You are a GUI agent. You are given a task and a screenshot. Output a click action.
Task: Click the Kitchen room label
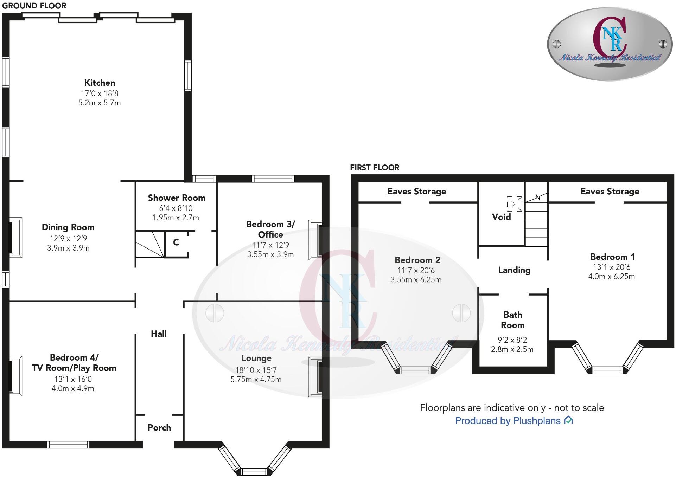(x=100, y=83)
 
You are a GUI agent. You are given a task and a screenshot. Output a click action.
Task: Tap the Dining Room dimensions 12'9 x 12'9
(x=68, y=239)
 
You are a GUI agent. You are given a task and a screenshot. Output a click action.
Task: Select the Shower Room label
(x=177, y=198)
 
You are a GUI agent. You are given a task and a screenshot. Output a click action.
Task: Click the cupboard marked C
(x=176, y=243)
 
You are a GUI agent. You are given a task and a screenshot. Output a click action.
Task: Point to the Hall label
(x=159, y=334)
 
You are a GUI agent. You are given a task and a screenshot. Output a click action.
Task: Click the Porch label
(x=159, y=428)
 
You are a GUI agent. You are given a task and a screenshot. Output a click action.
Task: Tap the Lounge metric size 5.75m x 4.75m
(x=256, y=380)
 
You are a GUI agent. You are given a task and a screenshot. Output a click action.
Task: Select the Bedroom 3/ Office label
(x=270, y=229)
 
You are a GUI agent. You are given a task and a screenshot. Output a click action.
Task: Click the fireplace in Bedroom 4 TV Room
(x=15, y=376)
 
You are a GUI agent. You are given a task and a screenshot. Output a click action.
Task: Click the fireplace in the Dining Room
(x=15, y=238)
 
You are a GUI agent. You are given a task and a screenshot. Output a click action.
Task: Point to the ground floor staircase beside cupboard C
(x=150, y=244)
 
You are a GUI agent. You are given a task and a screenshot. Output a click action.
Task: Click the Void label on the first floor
(x=501, y=217)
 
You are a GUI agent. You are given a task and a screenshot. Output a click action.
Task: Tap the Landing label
(x=514, y=270)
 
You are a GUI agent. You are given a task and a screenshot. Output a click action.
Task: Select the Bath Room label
(x=512, y=320)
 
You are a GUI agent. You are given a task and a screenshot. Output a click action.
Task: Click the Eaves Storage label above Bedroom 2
(x=416, y=192)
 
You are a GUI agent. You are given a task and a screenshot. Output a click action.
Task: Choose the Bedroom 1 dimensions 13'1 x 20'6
(x=611, y=267)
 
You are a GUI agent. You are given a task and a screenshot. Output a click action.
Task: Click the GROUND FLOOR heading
(x=34, y=6)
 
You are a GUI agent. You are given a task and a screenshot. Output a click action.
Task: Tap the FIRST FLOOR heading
(x=375, y=168)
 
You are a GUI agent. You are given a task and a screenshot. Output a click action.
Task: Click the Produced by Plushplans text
(x=508, y=421)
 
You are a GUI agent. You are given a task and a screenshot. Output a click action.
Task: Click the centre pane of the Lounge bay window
(x=254, y=472)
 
